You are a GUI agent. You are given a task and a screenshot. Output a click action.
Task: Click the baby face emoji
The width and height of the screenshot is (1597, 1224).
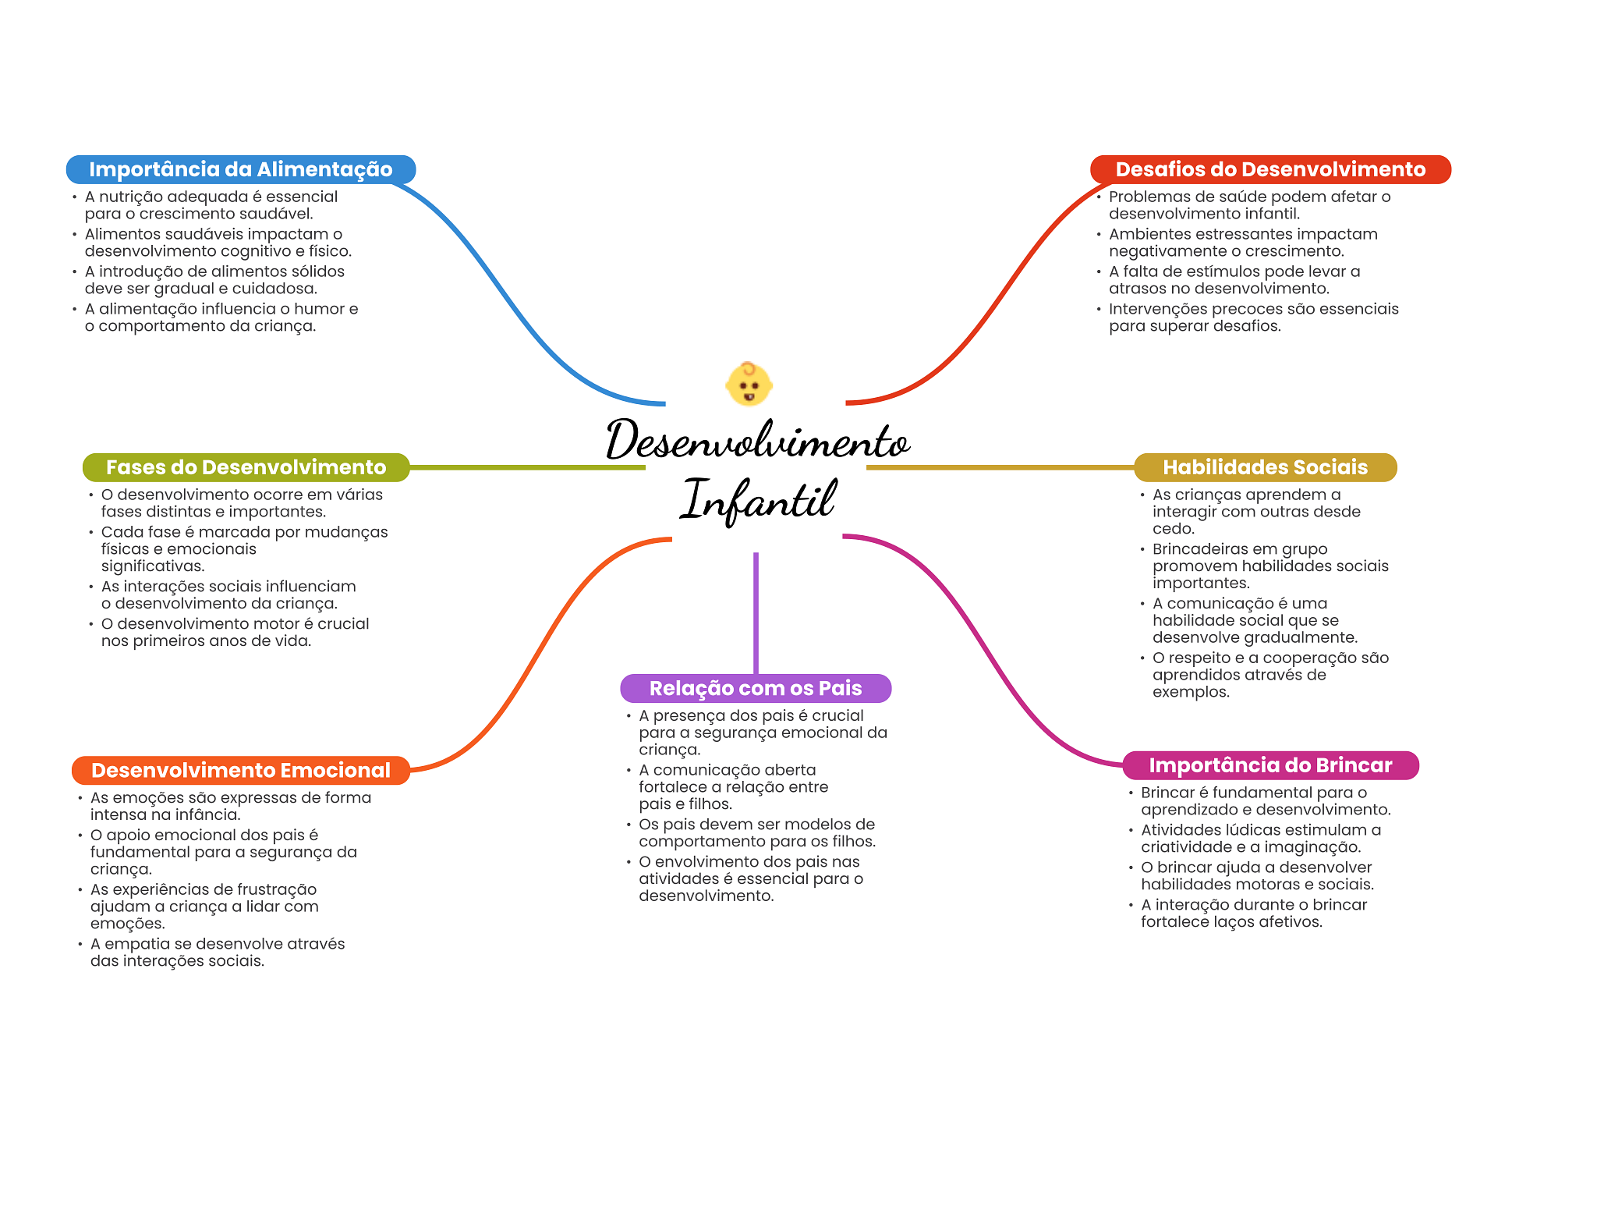pos(749,384)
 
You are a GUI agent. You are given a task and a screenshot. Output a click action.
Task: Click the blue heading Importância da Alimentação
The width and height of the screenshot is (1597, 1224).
pos(240,169)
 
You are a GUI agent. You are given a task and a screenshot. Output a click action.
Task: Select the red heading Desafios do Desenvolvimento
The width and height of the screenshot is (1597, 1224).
pos(1269,169)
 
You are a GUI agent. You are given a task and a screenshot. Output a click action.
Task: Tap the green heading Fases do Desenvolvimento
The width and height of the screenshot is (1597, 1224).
pos(246,467)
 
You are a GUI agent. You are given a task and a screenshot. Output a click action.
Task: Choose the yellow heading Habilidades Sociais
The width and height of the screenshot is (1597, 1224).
pos(1265,467)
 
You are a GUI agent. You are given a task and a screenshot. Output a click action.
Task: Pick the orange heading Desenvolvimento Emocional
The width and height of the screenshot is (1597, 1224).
pos(240,770)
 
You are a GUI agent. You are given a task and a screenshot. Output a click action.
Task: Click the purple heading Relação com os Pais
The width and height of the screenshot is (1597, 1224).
pos(755,688)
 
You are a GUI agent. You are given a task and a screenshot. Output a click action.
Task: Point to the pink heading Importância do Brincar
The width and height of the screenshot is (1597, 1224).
pos(1269,765)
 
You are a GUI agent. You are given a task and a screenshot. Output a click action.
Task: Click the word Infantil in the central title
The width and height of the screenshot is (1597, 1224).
pos(758,499)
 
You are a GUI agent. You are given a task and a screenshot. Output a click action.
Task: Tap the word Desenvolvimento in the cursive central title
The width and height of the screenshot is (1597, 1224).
pos(758,441)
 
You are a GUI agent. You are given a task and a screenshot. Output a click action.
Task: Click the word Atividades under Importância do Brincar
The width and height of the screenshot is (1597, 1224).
pos(1176,830)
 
